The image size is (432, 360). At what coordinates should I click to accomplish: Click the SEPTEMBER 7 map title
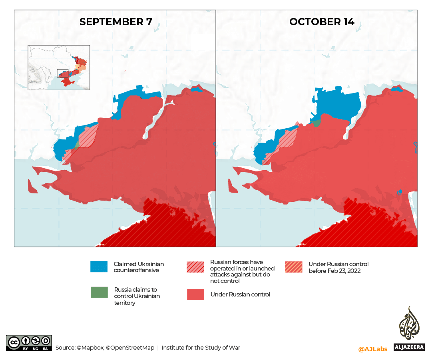tap(115, 22)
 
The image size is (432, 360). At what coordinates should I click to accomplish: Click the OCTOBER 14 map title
tap(322, 22)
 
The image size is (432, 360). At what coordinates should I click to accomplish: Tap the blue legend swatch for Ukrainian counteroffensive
tap(99, 267)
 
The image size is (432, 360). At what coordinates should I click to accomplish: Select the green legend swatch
tap(99, 292)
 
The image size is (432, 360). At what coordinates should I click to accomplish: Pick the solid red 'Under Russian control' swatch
tap(195, 294)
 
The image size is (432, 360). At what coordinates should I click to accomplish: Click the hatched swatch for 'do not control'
tap(195, 267)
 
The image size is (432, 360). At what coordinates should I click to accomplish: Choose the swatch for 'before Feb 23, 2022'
tap(294, 267)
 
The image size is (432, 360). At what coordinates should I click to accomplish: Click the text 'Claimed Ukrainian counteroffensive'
tap(139, 267)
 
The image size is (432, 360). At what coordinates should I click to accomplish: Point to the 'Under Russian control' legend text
tap(240, 294)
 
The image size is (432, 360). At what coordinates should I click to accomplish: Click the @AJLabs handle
tap(372, 349)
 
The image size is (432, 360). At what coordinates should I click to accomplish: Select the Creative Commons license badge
tap(29, 343)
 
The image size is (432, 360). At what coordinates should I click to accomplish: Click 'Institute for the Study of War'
tap(201, 348)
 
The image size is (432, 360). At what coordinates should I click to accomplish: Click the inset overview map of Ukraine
tap(59, 67)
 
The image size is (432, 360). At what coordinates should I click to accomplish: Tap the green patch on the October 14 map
tap(316, 123)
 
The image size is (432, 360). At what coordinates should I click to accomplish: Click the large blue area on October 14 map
tap(338, 106)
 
